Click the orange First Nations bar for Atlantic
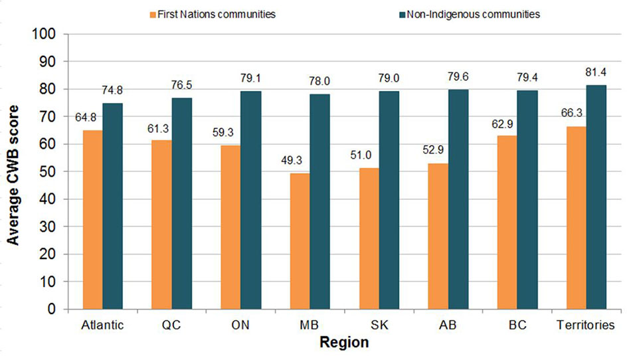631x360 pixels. click(x=92, y=219)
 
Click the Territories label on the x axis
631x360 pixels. click(x=585, y=326)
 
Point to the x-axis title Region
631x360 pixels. click(x=343, y=343)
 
